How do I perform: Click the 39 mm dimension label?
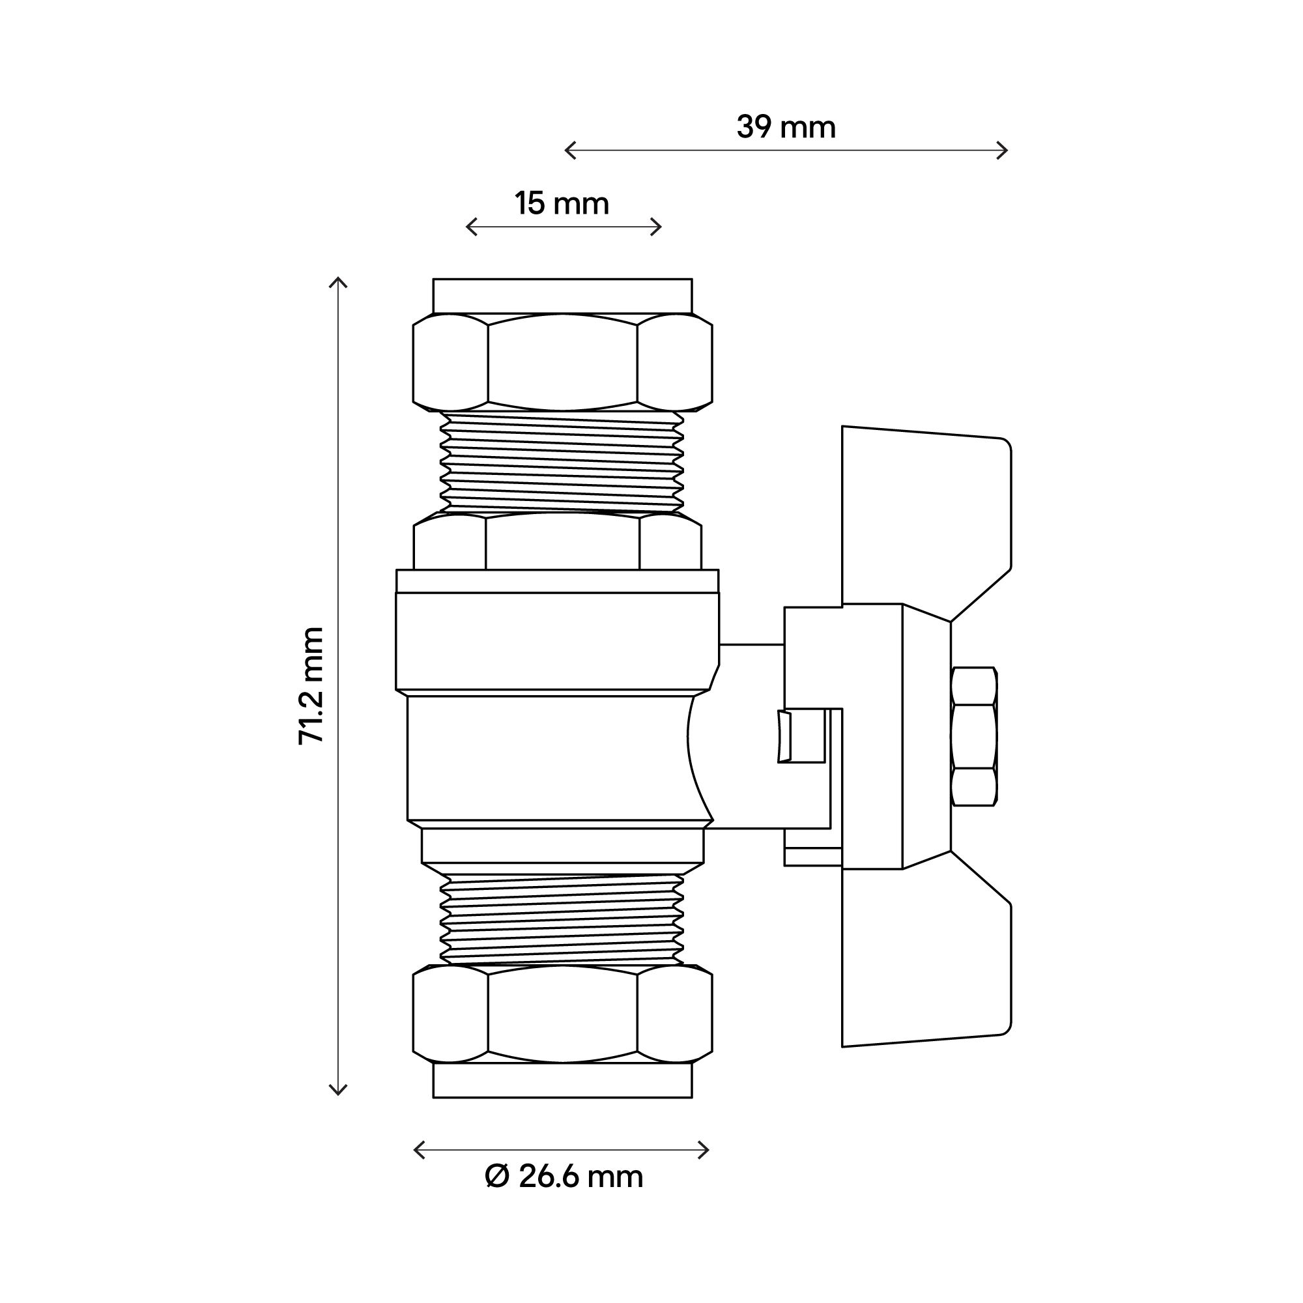tap(786, 128)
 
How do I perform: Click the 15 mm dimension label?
tap(562, 204)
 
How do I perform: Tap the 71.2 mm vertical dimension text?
tap(311, 685)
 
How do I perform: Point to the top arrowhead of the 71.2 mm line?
tap(338, 281)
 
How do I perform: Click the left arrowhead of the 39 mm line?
tap(569, 150)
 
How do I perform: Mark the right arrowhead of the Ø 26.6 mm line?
tap(706, 1151)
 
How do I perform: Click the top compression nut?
tap(562, 362)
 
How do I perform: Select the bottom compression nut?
tap(562, 1014)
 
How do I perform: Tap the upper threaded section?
tap(562, 462)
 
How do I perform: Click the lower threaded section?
tap(562, 919)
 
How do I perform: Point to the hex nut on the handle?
tap(973, 736)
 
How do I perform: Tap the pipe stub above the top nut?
tap(562, 296)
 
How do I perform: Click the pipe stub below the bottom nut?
tap(562, 1080)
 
